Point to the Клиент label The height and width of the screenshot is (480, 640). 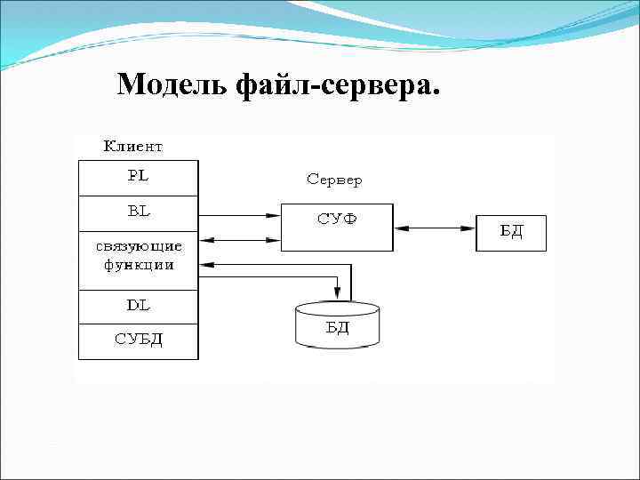coord(133,145)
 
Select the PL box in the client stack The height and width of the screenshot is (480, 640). coord(138,177)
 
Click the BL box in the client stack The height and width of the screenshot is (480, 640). coord(138,213)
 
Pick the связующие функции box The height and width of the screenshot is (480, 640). coord(138,255)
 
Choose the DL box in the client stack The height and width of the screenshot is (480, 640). coord(138,307)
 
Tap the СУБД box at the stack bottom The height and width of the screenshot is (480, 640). coord(138,341)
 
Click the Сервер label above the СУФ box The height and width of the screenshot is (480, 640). coord(334,180)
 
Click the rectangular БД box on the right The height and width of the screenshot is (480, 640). coord(510,233)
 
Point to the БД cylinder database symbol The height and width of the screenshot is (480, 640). coord(337,325)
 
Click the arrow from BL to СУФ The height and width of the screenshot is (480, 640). coord(238,214)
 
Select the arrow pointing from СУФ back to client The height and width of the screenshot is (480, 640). coord(238,239)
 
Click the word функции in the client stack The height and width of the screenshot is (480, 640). coord(138,265)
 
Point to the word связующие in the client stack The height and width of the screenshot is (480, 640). coord(138,246)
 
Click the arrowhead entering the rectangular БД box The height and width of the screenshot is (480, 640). coord(470,228)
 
